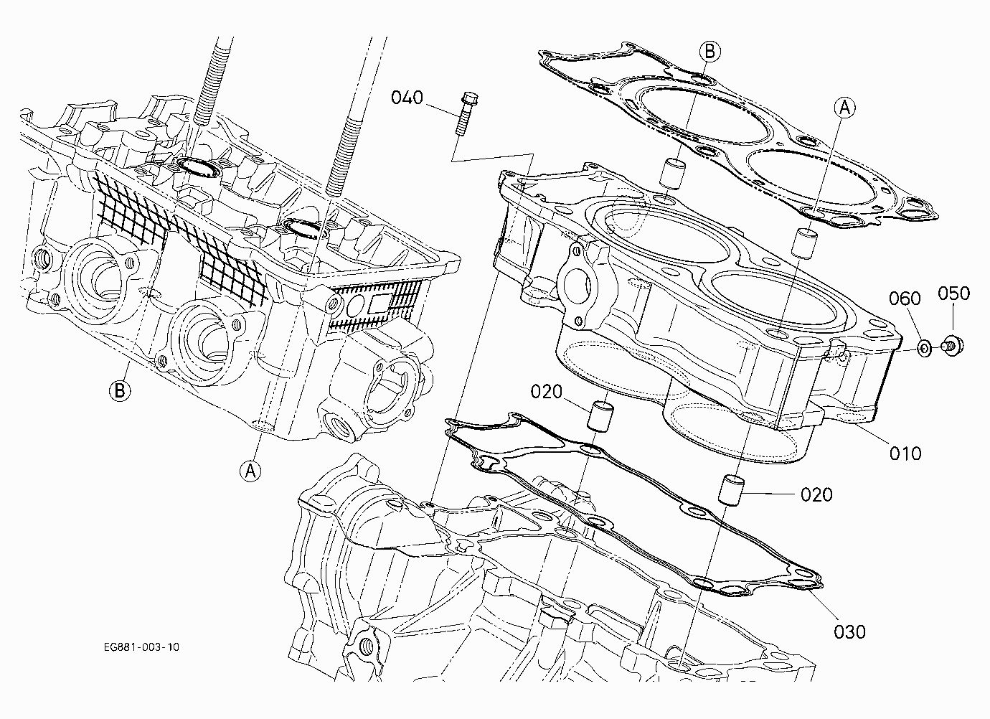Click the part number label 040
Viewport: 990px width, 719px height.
407,98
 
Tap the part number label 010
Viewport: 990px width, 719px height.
905,454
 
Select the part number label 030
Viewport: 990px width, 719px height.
849,632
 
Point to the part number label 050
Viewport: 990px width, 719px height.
953,293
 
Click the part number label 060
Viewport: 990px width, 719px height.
905,299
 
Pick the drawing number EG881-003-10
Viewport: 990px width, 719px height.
141,647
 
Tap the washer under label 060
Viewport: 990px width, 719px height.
925,349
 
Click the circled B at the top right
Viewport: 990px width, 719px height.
709,52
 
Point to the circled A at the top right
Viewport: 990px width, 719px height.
844,108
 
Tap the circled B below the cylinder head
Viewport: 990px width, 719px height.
120,391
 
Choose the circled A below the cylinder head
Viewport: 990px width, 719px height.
250,471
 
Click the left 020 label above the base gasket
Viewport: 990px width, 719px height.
546,392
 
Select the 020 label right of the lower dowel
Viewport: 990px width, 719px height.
816,494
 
